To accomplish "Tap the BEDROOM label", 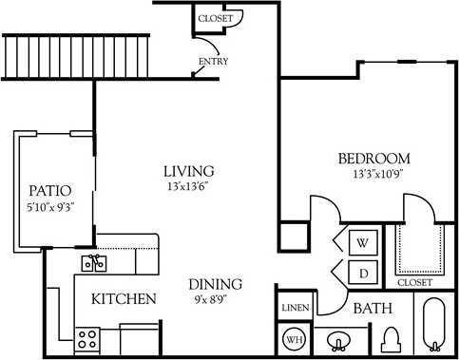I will tap(373, 158).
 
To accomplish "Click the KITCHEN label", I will tap(124, 299).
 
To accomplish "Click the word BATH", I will tap(373, 309).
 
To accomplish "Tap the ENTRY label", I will tap(213, 63).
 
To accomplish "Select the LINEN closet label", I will tap(293, 308).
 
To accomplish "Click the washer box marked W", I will tap(362, 242).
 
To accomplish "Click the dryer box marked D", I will tap(362, 272).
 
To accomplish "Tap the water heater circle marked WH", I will tap(293, 338).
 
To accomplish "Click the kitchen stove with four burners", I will tap(88, 338).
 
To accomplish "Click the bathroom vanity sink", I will tap(336, 339).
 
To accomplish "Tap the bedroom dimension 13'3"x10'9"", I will tap(374, 174).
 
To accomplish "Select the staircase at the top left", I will tap(77, 57).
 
